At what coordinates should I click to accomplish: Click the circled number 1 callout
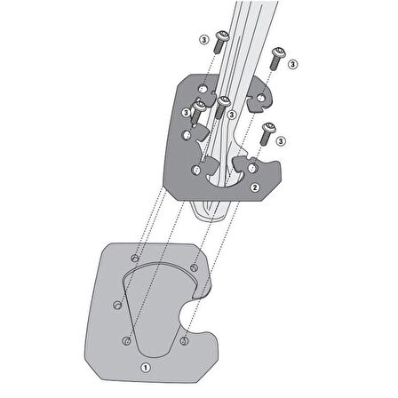(146, 368)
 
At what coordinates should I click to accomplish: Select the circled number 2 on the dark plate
(255, 187)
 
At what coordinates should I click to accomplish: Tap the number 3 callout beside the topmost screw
(204, 39)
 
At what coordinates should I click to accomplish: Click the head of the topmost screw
(223, 36)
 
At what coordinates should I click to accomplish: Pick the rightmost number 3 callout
(292, 64)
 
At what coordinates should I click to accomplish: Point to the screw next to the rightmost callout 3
(277, 59)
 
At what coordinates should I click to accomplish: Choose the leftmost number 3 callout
(186, 113)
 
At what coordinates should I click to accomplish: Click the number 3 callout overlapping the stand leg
(232, 115)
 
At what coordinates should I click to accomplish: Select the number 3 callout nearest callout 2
(281, 141)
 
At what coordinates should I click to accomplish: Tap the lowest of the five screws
(267, 133)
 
